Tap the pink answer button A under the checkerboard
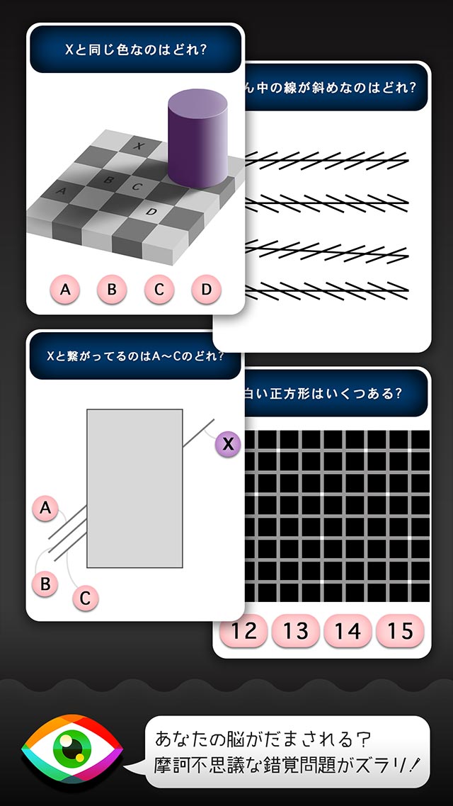(65, 289)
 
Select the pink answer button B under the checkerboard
(112, 289)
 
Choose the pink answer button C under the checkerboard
(159, 289)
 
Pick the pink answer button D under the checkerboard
(206, 289)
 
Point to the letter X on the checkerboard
(139, 147)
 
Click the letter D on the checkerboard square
(151, 211)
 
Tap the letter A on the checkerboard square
(61, 191)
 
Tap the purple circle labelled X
(227, 444)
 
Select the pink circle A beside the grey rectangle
(46, 508)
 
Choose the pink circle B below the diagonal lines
(46, 584)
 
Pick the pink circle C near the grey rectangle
(85, 598)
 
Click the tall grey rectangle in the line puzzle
(134, 488)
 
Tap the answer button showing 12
(244, 630)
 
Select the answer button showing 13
(296, 630)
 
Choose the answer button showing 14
(348, 630)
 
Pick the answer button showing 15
(400, 630)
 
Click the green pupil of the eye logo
(71, 751)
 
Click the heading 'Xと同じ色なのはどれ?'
(135, 50)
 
